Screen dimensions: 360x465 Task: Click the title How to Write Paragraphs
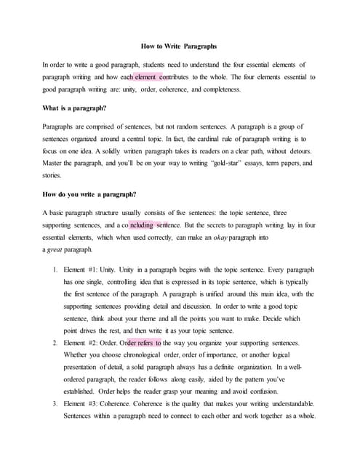[x=179, y=46]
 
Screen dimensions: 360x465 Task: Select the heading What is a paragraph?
[x=75, y=108]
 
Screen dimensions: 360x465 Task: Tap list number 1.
[x=55, y=269]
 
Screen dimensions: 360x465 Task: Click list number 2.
[x=55, y=342]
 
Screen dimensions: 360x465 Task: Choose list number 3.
[x=55, y=403]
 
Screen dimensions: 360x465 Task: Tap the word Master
[x=55, y=163]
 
